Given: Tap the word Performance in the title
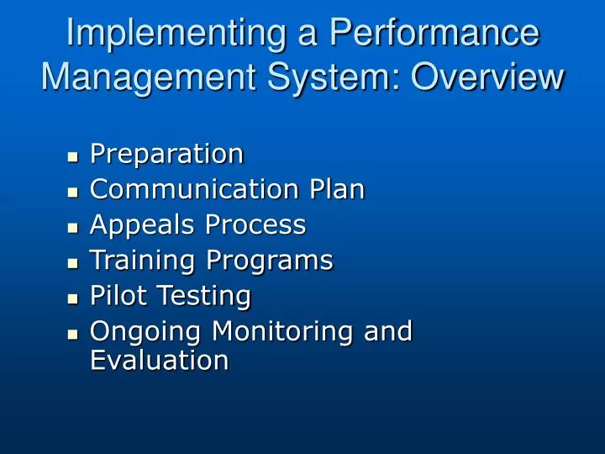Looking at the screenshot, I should click(434, 34).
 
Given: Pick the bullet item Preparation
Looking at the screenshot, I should click(166, 155).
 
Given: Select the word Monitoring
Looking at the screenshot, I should click(283, 332).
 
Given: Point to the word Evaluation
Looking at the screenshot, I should click(159, 361).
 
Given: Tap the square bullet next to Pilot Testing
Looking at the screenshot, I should click(72, 298).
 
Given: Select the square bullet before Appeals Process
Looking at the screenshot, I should click(72, 227).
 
